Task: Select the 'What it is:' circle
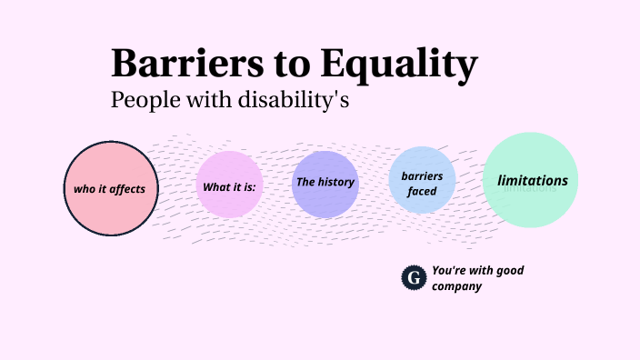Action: point(229,185)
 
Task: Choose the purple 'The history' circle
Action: point(325,185)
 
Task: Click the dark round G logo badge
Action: point(414,277)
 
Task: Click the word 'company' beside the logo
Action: point(456,286)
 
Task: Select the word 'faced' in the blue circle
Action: point(422,192)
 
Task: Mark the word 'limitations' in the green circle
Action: point(533,180)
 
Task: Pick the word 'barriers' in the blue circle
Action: point(422,175)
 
